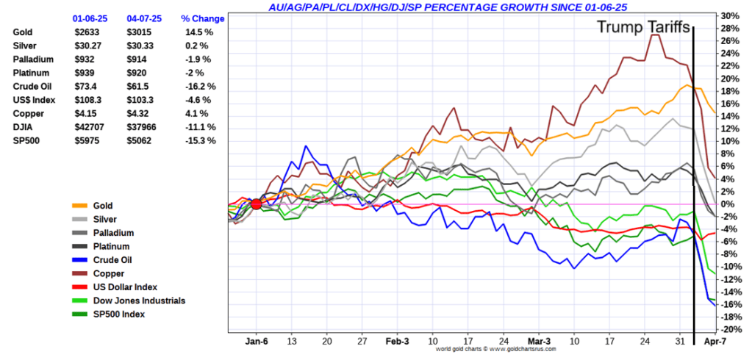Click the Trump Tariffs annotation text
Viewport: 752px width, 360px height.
click(x=642, y=28)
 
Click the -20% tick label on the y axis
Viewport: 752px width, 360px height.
click(x=730, y=329)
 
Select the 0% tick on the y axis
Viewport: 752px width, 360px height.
click(x=728, y=204)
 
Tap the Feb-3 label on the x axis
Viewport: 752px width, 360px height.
click(x=397, y=342)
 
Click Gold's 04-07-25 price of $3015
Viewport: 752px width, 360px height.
click(x=138, y=32)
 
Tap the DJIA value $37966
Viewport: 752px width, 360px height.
click(x=141, y=127)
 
